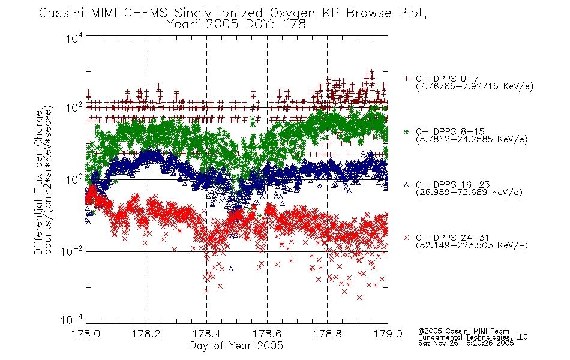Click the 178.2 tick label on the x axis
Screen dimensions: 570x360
click(146, 334)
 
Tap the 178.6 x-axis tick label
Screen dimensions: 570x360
click(267, 334)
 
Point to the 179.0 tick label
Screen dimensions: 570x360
click(388, 334)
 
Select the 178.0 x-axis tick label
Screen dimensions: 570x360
click(85, 334)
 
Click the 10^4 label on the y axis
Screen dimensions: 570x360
click(74, 38)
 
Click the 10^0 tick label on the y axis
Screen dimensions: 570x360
click(74, 179)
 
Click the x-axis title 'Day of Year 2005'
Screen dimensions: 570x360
click(236, 346)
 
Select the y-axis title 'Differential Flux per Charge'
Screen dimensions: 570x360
click(38, 182)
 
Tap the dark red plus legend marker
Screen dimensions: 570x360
click(406, 79)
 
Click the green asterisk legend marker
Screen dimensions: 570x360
click(406, 131)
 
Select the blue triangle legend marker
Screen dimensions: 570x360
click(406, 185)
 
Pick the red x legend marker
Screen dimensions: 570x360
click(406, 238)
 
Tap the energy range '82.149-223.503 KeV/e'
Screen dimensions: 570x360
click(472, 245)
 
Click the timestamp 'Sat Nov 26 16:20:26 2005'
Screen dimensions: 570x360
click(466, 343)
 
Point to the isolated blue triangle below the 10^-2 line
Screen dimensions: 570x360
click(231, 269)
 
